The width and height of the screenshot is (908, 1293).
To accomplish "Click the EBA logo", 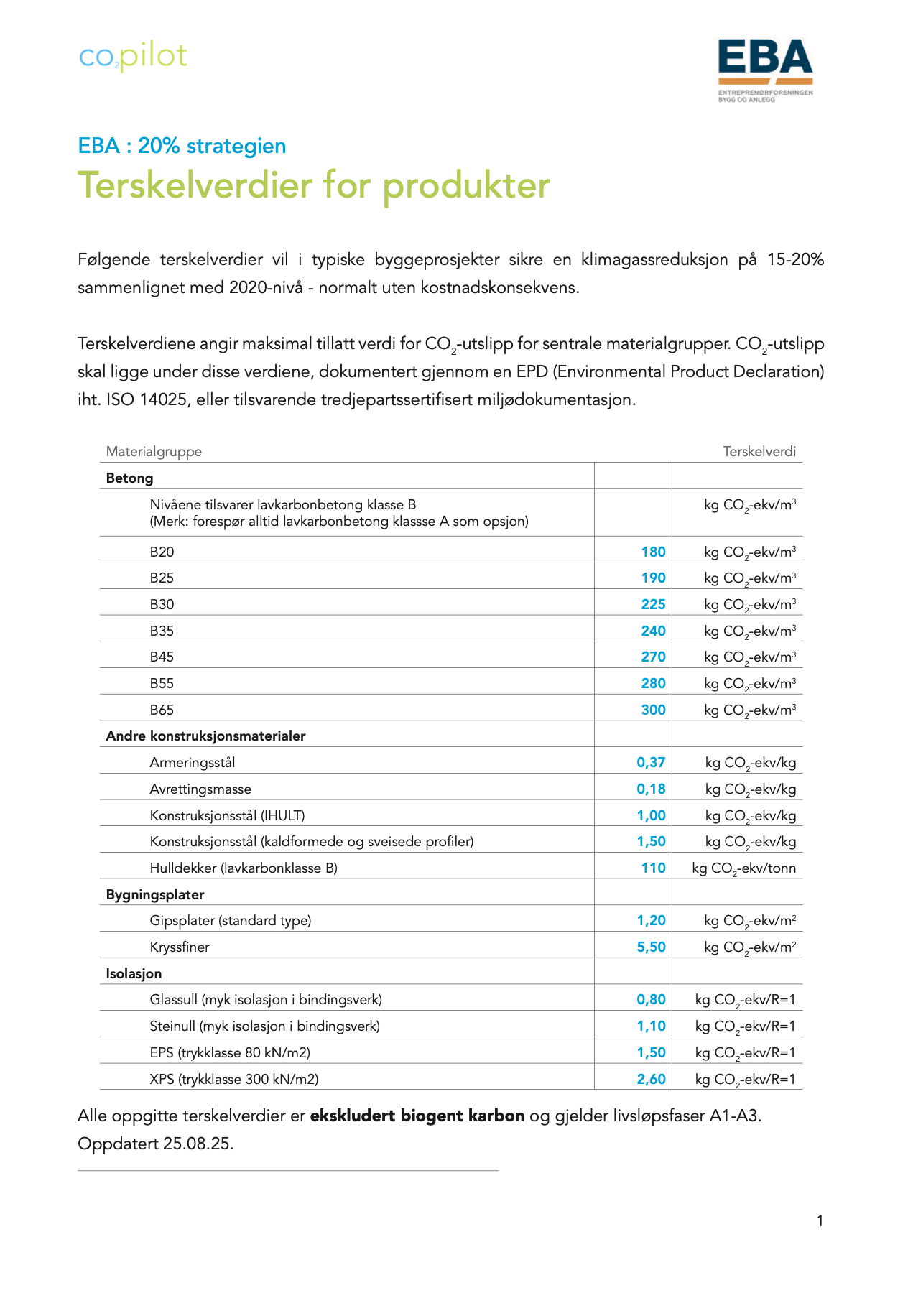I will [x=765, y=69].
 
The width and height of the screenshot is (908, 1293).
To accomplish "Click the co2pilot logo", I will [x=133, y=57].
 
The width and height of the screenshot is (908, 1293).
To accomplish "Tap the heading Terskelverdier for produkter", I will [x=314, y=185].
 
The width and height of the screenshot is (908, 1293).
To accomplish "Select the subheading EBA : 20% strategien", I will [x=182, y=146].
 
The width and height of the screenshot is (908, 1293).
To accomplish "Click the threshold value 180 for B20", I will [x=653, y=552].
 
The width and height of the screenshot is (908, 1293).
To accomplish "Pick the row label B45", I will [x=162, y=657].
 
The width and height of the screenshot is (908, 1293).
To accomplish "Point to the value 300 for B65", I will [x=653, y=710].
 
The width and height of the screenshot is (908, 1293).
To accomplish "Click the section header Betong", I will [x=129, y=478].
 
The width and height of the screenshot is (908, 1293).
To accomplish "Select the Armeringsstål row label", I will [x=192, y=762].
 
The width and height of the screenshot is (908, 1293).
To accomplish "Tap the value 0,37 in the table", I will [x=651, y=762].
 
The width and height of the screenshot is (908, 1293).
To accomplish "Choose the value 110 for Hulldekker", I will [x=653, y=868].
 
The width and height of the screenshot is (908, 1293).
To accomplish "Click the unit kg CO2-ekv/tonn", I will [x=743, y=868].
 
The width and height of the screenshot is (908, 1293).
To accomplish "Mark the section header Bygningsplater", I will [x=154, y=894].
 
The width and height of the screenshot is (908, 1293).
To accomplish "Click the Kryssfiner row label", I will [x=180, y=947].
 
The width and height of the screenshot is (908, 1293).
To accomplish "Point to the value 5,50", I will [x=651, y=947].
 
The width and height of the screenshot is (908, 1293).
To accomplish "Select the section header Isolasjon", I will [x=134, y=973].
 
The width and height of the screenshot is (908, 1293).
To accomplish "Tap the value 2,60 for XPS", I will [x=651, y=1079].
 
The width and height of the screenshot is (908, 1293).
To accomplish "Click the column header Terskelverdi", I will [x=759, y=452].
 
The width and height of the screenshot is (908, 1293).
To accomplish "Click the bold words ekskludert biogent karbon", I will [x=417, y=1116].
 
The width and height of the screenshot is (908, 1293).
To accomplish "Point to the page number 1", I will [x=820, y=1220].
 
